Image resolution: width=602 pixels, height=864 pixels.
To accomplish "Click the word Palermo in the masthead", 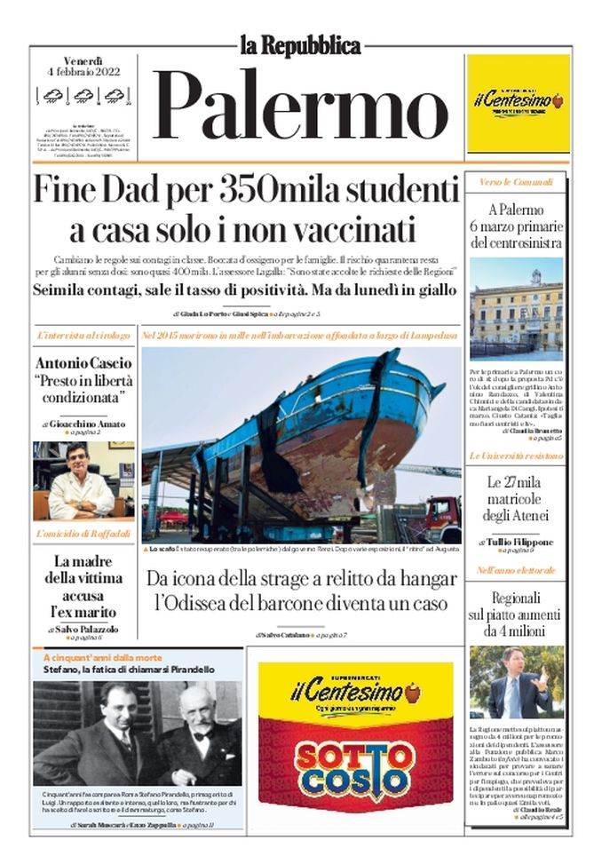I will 302,106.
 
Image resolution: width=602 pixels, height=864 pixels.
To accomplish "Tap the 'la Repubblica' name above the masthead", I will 301,45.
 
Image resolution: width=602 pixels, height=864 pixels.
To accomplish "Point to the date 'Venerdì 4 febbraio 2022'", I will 84,67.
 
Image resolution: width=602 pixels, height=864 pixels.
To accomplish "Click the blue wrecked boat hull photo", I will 293,435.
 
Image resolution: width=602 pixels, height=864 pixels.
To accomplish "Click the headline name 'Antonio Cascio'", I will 83,363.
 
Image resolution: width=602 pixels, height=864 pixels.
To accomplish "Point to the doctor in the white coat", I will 80,484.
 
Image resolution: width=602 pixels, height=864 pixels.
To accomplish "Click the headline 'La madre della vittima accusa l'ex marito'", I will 83,586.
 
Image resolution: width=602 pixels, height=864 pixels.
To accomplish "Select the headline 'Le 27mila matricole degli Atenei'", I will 516,499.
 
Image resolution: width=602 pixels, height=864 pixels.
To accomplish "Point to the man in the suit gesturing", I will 516,684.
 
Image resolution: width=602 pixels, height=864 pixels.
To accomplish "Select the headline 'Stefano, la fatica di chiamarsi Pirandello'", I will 130,670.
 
